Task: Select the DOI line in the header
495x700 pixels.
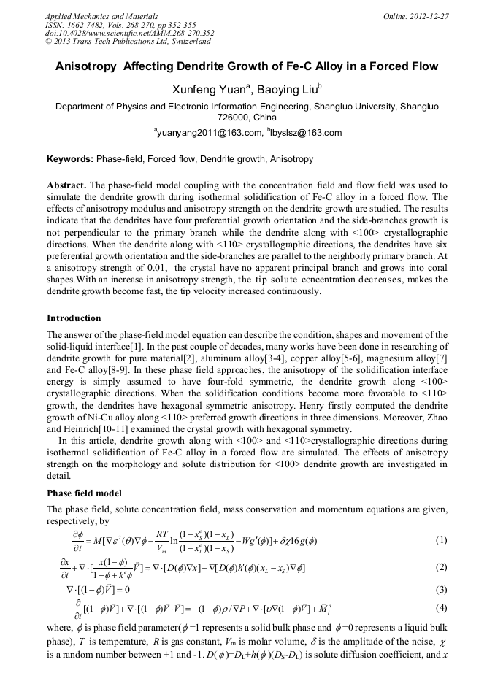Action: (129, 33)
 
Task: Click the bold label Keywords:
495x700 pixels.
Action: (70, 158)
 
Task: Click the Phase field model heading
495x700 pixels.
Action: (85, 493)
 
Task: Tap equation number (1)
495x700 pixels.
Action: (441, 540)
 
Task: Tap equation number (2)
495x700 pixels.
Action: (441, 567)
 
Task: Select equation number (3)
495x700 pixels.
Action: (441, 588)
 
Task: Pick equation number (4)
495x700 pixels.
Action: (441, 607)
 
